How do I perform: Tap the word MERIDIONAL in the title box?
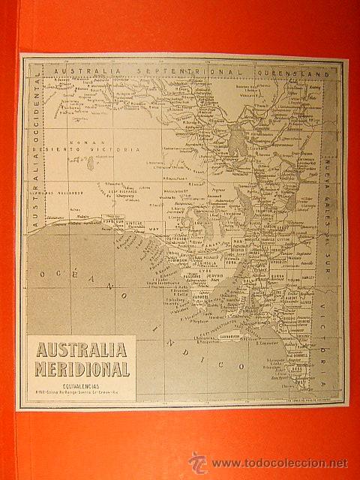(82, 369)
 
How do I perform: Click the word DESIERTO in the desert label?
(73, 150)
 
